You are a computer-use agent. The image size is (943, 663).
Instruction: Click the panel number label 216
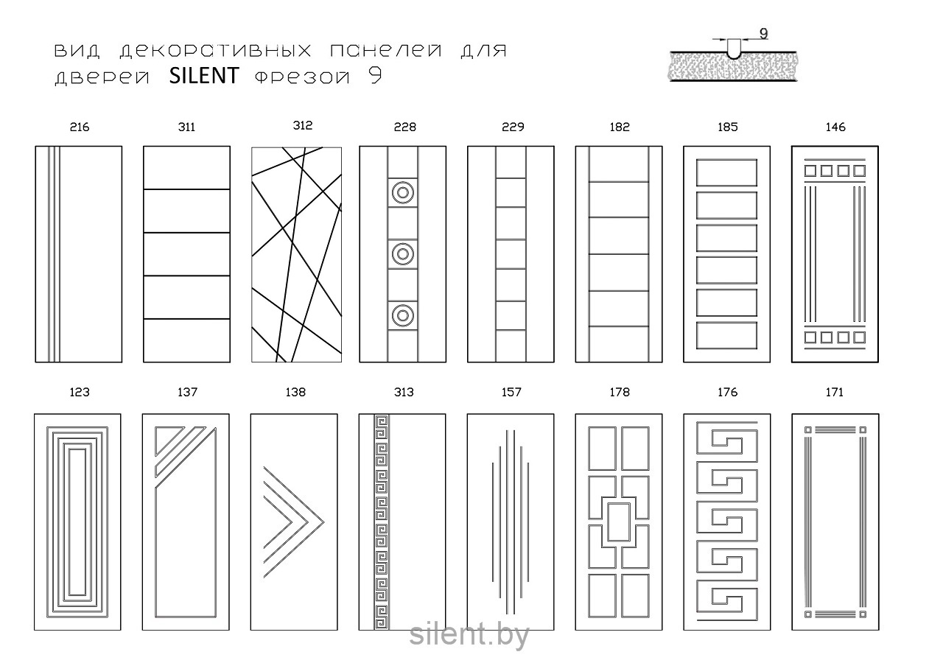[79, 127]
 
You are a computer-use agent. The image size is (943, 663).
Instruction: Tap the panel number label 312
[302, 125]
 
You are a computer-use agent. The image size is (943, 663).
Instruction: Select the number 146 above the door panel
[835, 127]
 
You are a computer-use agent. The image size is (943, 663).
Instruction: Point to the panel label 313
[404, 392]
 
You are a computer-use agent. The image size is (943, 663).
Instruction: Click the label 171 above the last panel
[835, 392]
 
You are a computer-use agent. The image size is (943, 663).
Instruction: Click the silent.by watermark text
[469, 635]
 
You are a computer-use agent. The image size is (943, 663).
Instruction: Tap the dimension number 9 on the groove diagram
[763, 34]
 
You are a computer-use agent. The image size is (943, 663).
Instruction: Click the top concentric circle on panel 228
[402, 194]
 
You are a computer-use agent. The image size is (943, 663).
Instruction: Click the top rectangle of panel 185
[727, 172]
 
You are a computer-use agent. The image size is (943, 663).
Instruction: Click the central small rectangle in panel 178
[619, 522]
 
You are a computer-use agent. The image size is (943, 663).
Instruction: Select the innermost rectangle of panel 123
[78, 522]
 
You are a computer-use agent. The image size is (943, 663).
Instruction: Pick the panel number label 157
[511, 392]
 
